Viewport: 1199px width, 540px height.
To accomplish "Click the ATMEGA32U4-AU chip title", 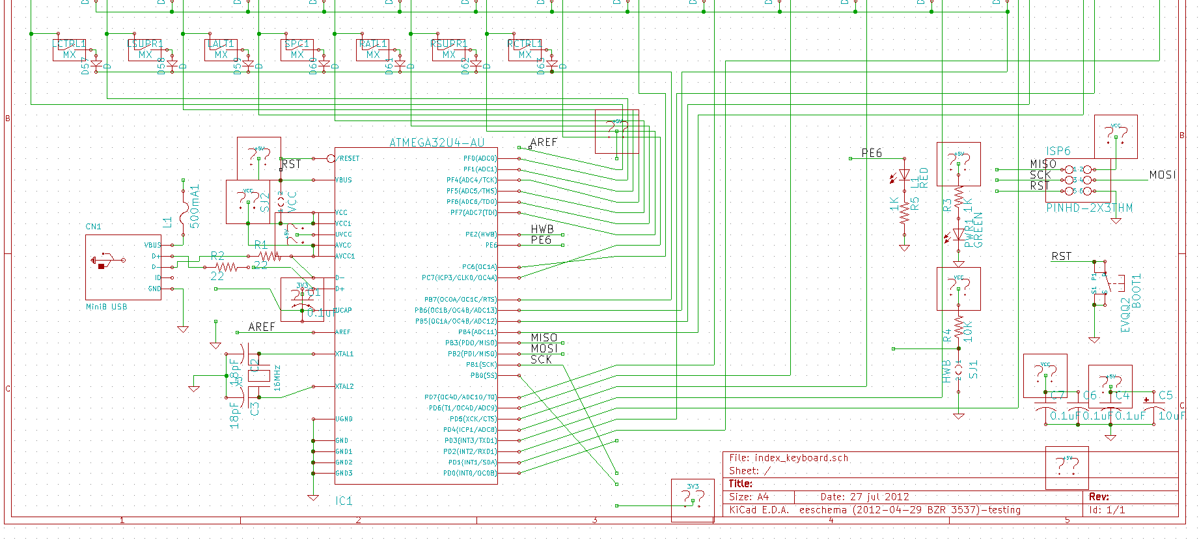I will [437, 143].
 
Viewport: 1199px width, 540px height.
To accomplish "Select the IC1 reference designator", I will [344, 501].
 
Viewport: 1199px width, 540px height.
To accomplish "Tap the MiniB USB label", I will [107, 307].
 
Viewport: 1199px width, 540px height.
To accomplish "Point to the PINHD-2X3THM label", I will [1089, 208].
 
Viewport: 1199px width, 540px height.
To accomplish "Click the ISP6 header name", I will [1058, 151].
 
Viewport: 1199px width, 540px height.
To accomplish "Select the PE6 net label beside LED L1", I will [872, 153].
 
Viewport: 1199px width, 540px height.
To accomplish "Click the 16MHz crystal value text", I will [277, 377].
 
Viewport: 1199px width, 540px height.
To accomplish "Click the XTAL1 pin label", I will [344, 354].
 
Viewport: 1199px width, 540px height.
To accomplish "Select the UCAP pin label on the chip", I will [344, 310].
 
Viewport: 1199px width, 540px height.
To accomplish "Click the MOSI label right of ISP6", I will [1163, 175].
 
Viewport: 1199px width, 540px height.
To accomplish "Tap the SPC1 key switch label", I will [297, 44].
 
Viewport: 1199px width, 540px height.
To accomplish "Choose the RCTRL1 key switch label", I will [525, 44].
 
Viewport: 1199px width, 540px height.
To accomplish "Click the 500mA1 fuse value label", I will [195, 206].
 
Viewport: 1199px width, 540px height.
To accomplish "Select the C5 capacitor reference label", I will [1165, 395].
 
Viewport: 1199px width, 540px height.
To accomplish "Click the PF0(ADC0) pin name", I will [480, 158].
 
